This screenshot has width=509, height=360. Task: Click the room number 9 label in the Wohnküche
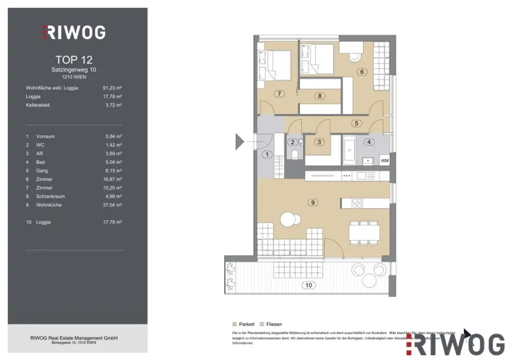(313, 202)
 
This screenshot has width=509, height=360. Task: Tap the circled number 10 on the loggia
(309, 285)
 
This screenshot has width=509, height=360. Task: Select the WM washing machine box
(384, 161)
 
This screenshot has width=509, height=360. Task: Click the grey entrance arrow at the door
(240, 142)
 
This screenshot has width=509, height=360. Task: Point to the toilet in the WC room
(295, 155)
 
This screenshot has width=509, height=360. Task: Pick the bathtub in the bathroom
(348, 152)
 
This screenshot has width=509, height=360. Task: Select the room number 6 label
(362, 72)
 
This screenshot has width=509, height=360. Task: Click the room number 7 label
(279, 93)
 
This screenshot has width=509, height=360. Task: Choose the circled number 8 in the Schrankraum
(320, 96)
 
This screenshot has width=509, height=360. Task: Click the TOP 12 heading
(74, 60)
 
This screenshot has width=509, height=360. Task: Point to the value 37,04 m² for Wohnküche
(112, 205)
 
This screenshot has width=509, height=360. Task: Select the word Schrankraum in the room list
(49, 196)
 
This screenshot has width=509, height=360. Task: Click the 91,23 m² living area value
(112, 88)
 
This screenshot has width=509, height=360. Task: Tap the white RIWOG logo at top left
(74, 32)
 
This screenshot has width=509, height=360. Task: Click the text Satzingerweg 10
(74, 70)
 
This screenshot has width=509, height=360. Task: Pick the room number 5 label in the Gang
(355, 123)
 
